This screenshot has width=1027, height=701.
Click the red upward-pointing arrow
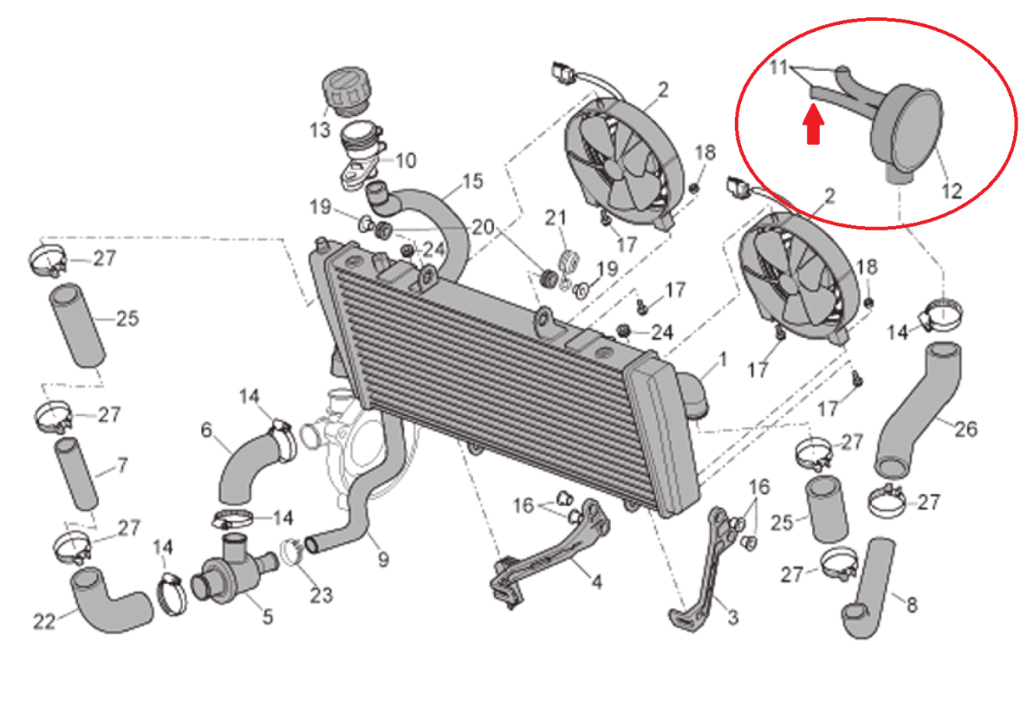pos(813,124)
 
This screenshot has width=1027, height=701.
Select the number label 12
pos(951,191)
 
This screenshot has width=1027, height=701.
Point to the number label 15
pos(473,181)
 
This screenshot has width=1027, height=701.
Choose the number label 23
pos(321,596)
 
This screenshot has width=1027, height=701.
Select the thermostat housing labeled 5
pos(234,569)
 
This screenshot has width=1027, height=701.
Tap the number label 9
pos(383,559)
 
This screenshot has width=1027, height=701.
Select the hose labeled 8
pos(869,589)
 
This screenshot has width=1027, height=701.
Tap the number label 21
pos(556,217)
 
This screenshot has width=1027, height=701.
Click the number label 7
pos(122,466)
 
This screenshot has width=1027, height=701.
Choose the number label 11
pos(778,67)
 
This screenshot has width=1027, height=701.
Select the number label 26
pos(966,429)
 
